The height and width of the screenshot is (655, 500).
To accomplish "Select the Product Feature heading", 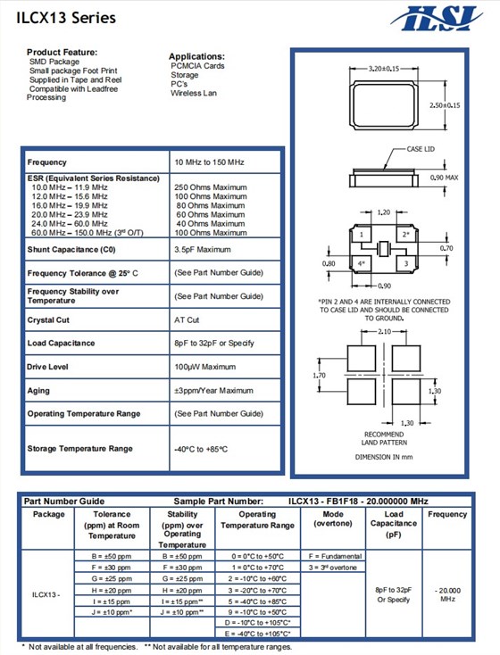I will coord(62,53).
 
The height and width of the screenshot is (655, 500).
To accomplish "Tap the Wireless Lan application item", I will coord(195,93).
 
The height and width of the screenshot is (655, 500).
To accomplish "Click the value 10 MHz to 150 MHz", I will coord(210,162).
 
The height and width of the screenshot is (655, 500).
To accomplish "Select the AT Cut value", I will coord(187,319).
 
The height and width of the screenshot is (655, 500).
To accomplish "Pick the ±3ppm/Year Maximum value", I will coord(213,390).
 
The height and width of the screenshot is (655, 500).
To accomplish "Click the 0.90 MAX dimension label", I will coord(444,178).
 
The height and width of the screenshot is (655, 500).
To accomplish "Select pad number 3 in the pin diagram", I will coord(405,264).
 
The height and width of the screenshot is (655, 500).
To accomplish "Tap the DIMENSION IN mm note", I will coord(385,457).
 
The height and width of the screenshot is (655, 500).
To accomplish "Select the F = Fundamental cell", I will coord(333,555).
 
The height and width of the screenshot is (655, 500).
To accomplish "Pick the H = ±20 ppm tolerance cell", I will coord(112,591).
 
